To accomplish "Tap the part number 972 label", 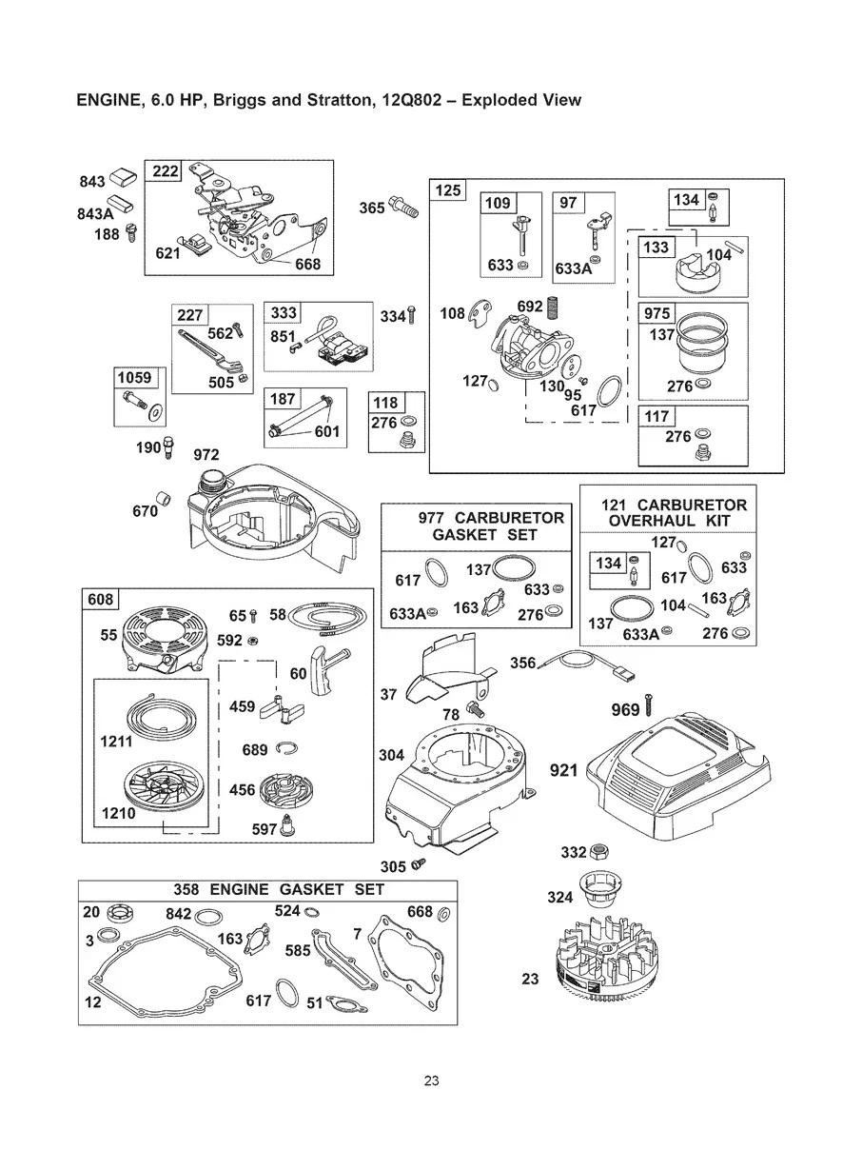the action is pos(206,455).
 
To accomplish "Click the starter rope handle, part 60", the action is pos(329,669).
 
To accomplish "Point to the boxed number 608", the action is pos(101,599).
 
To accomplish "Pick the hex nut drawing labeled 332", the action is pos(598,852).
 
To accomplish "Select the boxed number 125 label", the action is pos(448,189).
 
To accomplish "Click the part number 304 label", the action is pos(391,755).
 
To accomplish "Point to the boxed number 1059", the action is pos(134,377).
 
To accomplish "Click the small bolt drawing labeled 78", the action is pos(475,709).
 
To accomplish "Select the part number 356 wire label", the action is pos(523,663).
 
